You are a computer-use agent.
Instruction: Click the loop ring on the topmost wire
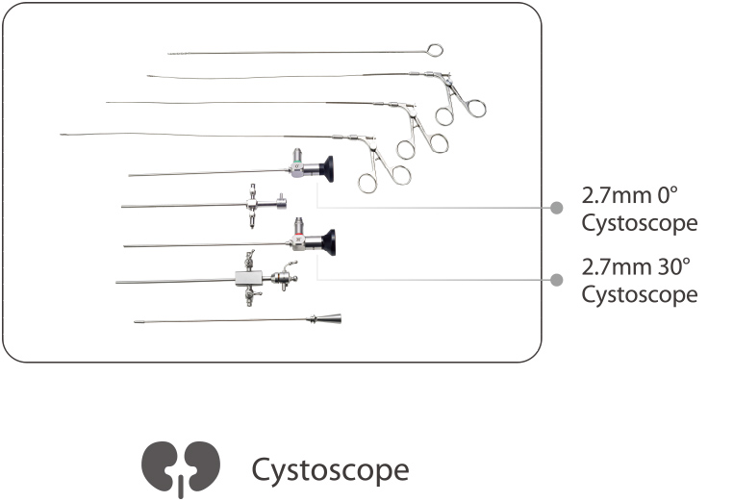[x=435, y=50]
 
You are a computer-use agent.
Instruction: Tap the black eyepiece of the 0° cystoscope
[x=328, y=169]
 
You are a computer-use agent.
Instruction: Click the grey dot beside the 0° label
[x=556, y=207]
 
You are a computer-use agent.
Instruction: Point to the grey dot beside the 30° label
[x=556, y=279]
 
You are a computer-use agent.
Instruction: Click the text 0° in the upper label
[x=667, y=195]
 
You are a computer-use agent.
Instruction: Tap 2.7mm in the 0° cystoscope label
[x=614, y=195]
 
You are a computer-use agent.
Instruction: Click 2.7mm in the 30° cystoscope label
[x=614, y=266]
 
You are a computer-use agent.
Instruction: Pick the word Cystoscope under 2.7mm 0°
[x=639, y=223]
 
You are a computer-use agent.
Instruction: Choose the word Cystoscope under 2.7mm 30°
[x=639, y=294]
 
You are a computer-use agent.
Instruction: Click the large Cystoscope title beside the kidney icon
[x=330, y=470]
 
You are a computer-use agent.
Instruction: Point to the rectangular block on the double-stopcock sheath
[x=248, y=279]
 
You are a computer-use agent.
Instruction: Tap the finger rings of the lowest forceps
[x=383, y=177]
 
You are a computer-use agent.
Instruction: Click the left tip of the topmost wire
[x=170, y=53]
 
